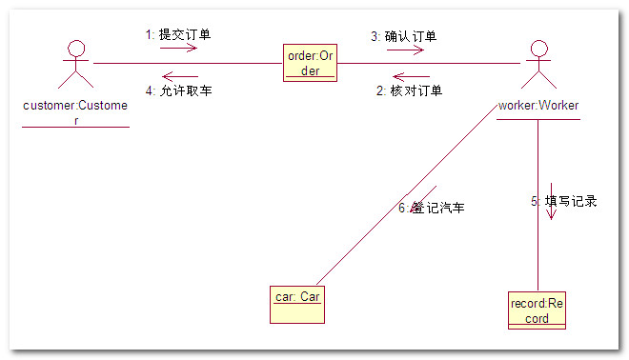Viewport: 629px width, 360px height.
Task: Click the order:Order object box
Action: coord(310,63)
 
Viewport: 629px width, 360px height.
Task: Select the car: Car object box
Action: coord(297,305)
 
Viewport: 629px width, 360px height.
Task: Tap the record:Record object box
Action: coord(538,310)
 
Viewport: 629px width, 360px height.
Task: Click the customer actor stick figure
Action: coord(76,64)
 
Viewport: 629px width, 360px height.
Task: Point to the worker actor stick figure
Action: coord(538,64)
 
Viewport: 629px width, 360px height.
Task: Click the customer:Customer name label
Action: coord(75,112)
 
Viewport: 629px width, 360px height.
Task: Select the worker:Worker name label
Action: coord(538,106)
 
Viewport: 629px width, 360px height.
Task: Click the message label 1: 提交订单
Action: coord(178,34)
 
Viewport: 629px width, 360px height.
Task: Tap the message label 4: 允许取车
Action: coord(179,90)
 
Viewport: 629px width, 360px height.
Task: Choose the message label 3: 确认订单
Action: coord(404,36)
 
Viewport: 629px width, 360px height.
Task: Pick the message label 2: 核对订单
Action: coord(409,90)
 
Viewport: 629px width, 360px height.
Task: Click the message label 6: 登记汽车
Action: coord(432,208)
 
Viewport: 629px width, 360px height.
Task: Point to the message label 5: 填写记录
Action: coord(564,201)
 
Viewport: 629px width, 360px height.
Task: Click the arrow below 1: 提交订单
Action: coord(178,49)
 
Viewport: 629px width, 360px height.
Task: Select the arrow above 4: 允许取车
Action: coord(180,76)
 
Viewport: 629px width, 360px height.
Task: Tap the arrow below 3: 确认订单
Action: coord(406,50)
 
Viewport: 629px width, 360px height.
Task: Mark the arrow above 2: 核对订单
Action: coord(411,76)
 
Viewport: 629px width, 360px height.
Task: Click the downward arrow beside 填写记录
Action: coord(551,201)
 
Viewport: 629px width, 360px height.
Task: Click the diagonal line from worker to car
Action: coord(407,195)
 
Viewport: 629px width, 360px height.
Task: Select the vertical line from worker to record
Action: coord(538,206)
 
